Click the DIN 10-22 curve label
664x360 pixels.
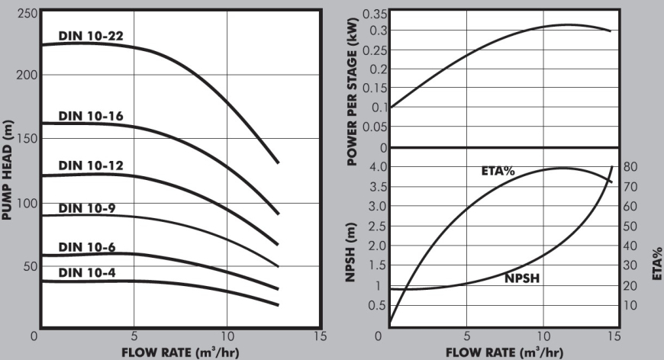[x=91, y=35]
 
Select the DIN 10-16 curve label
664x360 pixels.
[x=91, y=116]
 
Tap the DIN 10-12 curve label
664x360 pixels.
[x=91, y=166]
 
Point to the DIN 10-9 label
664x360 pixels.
[x=88, y=208]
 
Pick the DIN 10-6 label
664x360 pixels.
[x=88, y=246]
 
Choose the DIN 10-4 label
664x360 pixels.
[x=88, y=272]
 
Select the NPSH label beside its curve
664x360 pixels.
[x=522, y=279]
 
